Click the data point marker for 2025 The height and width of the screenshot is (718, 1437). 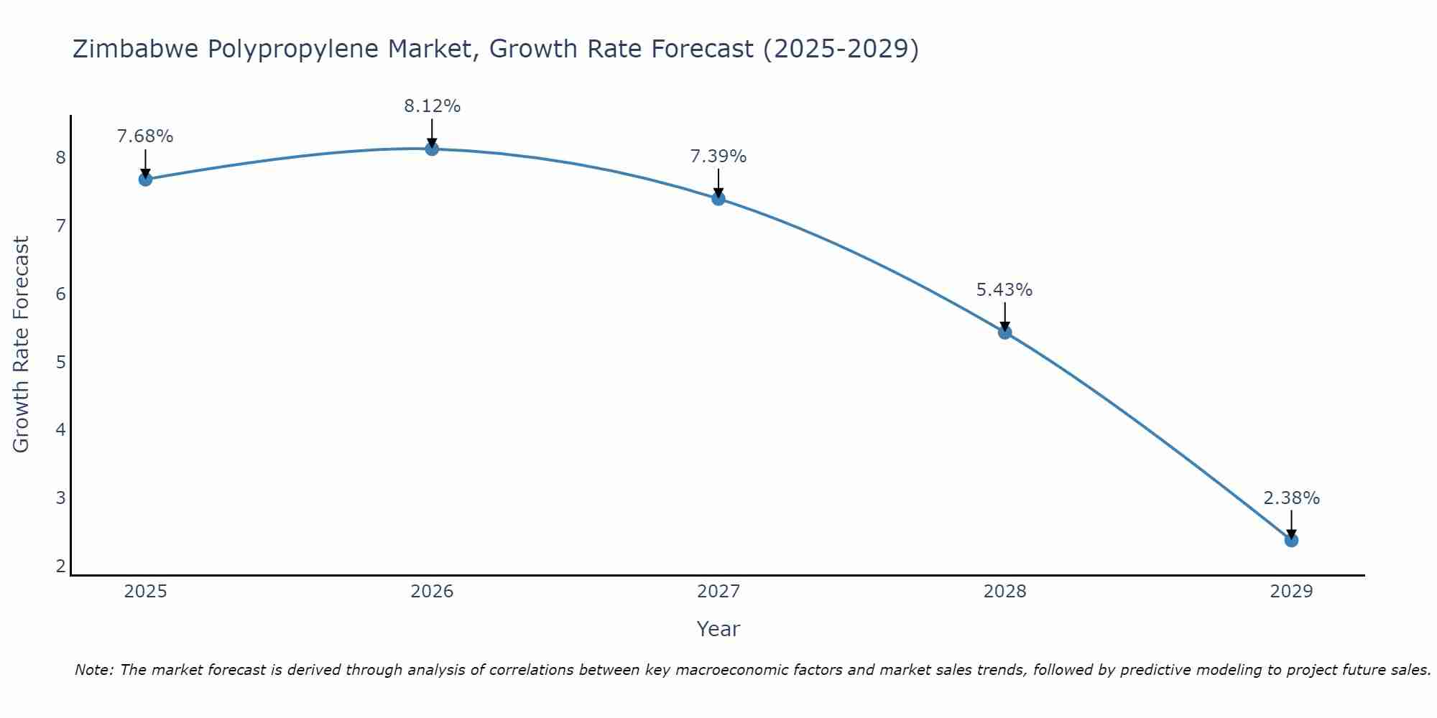(145, 179)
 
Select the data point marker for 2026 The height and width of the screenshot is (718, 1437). (432, 149)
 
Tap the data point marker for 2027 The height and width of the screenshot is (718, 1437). (718, 198)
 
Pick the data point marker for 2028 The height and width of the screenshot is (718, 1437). (1004, 332)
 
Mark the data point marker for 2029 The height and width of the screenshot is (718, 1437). (1291, 540)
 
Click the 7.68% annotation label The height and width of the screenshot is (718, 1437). (145, 136)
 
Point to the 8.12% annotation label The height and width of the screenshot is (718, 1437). (432, 106)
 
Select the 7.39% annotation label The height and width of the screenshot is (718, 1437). (718, 156)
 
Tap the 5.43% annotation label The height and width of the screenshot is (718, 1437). (1004, 290)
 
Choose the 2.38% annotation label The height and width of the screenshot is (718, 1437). (1291, 498)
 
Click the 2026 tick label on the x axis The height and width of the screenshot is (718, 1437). (432, 592)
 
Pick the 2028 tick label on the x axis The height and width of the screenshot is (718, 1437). (1004, 592)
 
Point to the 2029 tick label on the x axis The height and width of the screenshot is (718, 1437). (1291, 592)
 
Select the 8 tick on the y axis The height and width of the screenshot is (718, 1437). (60, 157)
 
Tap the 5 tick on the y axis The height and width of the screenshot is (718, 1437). (60, 362)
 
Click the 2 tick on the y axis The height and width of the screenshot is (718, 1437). (60, 567)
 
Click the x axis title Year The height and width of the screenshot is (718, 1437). (718, 629)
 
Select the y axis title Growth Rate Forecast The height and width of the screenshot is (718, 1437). (22, 345)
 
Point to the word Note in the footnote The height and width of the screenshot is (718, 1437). (93, 670)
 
